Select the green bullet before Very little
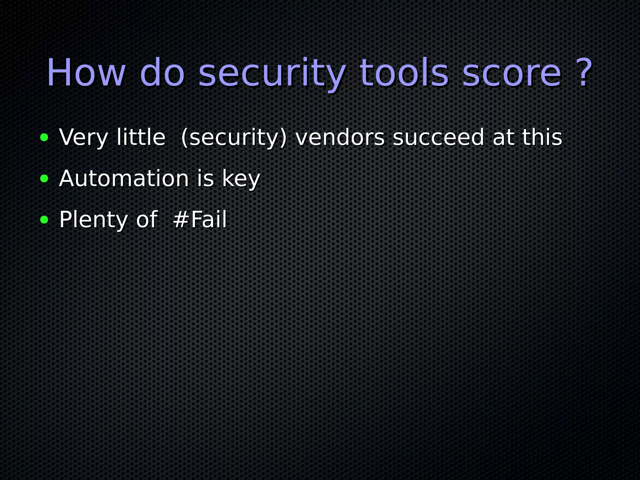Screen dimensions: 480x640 (x=44, y=137)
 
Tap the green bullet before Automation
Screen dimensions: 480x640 (x=44, y=179)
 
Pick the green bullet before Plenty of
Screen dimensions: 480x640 (x=44, y=220)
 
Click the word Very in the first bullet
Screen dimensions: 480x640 (x=83, y=137)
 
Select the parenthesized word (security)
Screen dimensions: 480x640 (x=234, y=137)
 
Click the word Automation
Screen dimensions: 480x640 (x=124, y=178)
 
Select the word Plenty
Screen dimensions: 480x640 (x=93, y=220)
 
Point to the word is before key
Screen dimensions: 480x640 (x=205, y=178)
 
